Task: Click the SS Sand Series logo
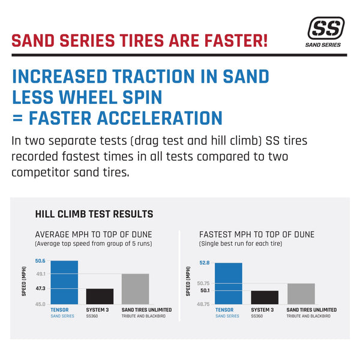coord(326,31)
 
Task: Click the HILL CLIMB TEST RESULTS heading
coord(94,214)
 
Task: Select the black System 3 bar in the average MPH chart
coord(100,296)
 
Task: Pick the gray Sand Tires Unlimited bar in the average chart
coord(135,289)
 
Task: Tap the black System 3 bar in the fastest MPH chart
coord(264,297)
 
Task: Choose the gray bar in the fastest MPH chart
coord(301,293)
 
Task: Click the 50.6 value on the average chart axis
coord(41,260)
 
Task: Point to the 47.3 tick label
coord(41,289)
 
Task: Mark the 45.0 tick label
coord(41,304)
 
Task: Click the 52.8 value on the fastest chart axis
coord(204,263)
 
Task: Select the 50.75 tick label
coord(203,283)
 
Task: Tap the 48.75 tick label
coord(203,304)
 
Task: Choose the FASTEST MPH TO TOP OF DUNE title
coord(256,235)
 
